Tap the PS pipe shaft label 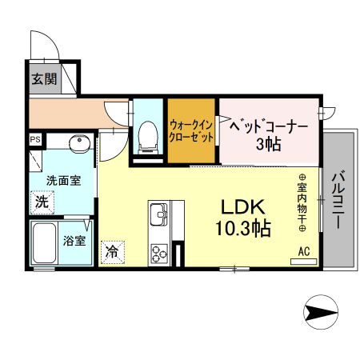pos(35,139)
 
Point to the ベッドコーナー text pos(268,126)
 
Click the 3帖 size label pos(268,145)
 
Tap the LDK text pos(242,206)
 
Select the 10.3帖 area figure pos(242,229)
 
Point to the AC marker pos(304,251)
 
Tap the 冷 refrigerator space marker pos(112,251)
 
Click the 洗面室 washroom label pos(62,181)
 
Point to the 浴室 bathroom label pos(75,240)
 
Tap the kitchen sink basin pos(157,215)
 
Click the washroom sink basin pos(78,145)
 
